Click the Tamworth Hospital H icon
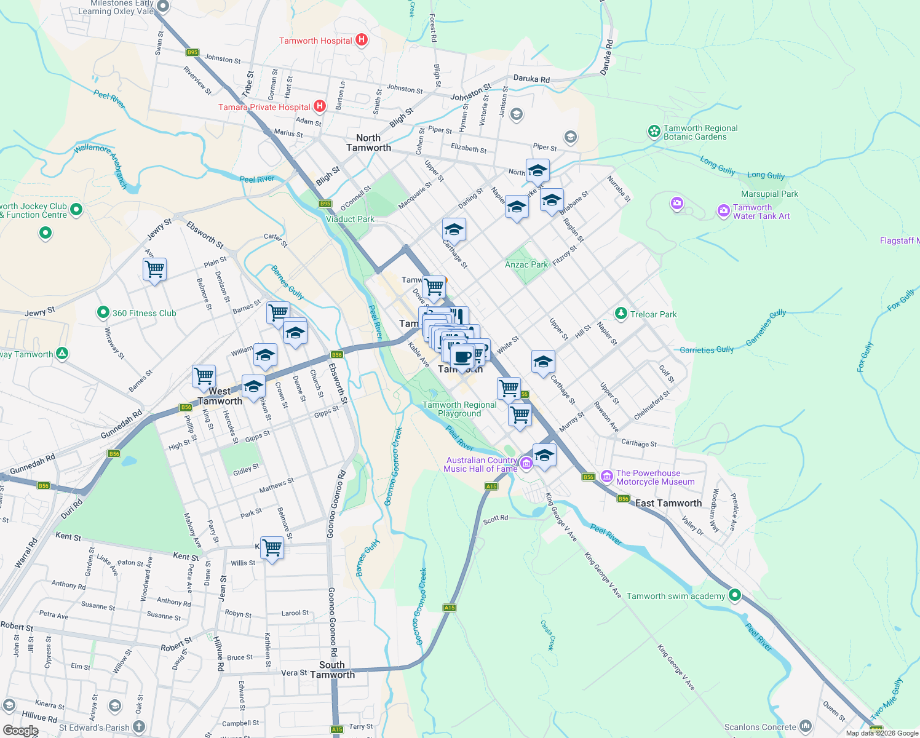tap(362, 41)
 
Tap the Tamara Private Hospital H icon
tap(319, 107)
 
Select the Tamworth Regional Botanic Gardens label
tap(700, 132)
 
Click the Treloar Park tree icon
tap(621, 314)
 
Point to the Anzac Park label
tap(526, 264)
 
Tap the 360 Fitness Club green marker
tap(103, 313)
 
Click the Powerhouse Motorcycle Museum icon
tap(607, 476)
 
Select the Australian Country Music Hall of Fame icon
tap(526, 463)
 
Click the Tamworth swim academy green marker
tap(735, 595)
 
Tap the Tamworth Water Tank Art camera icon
tap(723, 211)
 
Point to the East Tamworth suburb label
tap(668, 503)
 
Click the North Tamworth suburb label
tap(368, 143)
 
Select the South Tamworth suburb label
tap(332, 670)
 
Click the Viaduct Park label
tap(350, 219)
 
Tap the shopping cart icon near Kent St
tap(272, 546)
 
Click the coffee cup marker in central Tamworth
tap(462, 356)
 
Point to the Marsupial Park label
tap(769, 194)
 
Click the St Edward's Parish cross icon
tap(139, 727)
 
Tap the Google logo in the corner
tap(20, 730)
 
